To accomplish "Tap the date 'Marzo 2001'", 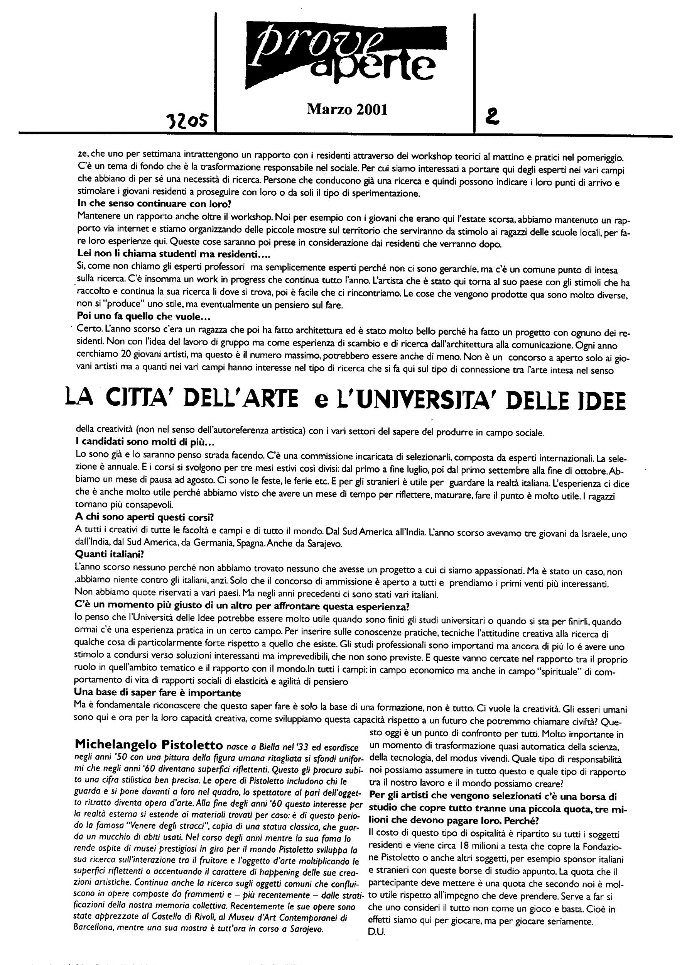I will pos(347,110).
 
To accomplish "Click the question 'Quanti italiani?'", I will pos(103,554).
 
